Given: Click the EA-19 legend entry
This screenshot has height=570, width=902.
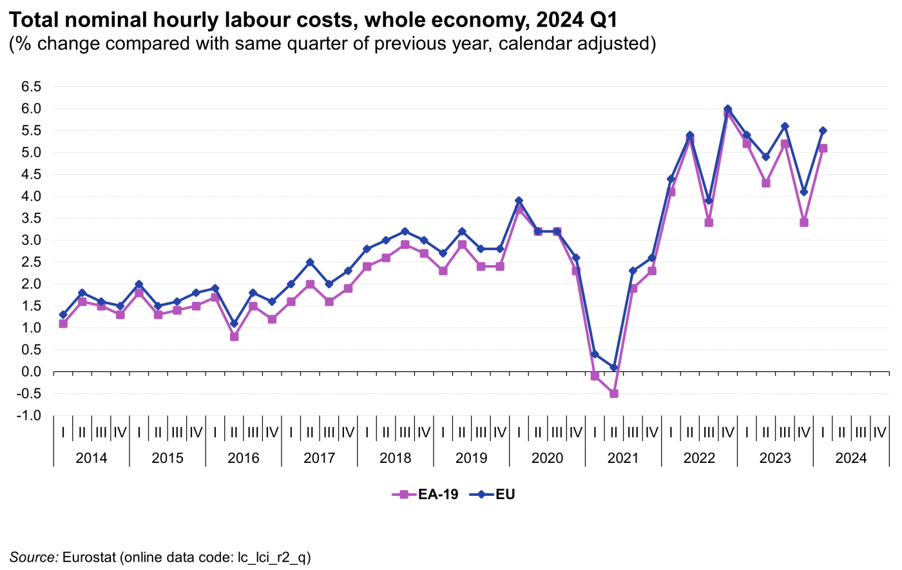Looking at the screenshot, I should click(425, 495).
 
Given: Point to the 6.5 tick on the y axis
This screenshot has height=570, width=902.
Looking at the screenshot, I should click(32, 87).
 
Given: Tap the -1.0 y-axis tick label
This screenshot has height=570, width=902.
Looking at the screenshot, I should click(29, 416).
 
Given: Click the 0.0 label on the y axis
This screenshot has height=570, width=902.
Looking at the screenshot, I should click(32, 372).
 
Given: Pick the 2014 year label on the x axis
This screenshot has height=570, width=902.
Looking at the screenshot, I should click(91, 458).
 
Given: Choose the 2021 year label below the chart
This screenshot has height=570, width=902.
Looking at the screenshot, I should click(623, 458).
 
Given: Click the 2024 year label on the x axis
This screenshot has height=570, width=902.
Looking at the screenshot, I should click(851, 458).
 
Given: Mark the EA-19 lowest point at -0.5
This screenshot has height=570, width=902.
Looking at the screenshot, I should click(614, 393).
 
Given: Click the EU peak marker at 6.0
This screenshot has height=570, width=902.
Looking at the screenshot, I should click(728, 109).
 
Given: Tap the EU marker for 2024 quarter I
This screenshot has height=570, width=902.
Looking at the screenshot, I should click(823, 131).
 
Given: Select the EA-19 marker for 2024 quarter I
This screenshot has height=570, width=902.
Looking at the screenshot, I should click(823, 148).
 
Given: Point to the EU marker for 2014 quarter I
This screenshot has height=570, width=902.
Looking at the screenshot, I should click(63, 315).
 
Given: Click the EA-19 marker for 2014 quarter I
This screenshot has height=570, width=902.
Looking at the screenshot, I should click(63, 324).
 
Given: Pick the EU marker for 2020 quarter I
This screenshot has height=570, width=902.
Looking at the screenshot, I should click(519, 201).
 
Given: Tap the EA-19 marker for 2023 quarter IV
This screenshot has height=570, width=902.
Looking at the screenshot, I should click(804, 222).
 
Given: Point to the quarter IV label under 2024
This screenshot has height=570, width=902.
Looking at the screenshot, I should click(879, 433).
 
